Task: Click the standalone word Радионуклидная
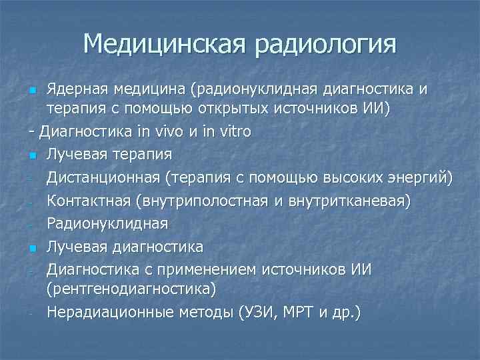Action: [x=107, y=223]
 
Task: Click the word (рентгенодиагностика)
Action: [x=131, y=289]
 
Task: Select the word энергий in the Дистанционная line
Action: [x=420, y=177]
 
